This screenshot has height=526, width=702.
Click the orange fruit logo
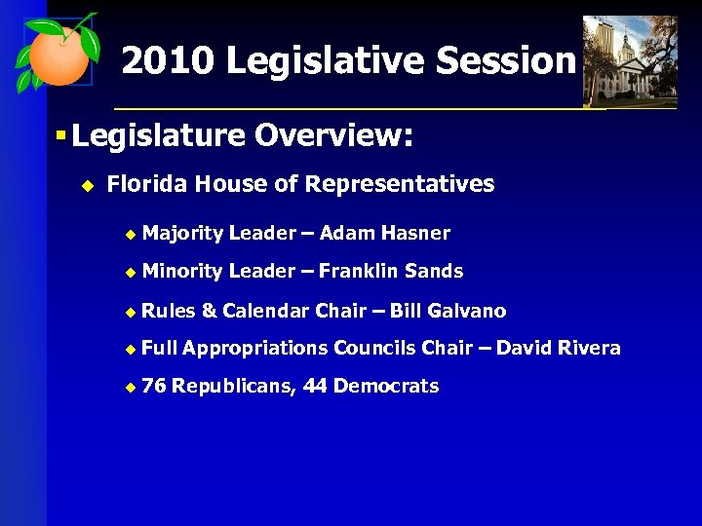point(57,54)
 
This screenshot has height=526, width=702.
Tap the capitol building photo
point(629,60)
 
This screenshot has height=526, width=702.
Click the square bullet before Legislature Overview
point(59,136)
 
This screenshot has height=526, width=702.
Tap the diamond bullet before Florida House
point(86,185)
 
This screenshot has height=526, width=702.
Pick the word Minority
point(181,271)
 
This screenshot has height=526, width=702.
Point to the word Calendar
point(266,311)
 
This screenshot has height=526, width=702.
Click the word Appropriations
point(254,349)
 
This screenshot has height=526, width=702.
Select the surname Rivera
point(587,348)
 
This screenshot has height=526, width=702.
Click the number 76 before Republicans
point(153,387)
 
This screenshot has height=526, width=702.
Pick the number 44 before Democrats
point(315,387)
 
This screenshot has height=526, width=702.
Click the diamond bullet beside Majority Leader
point(131,234)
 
